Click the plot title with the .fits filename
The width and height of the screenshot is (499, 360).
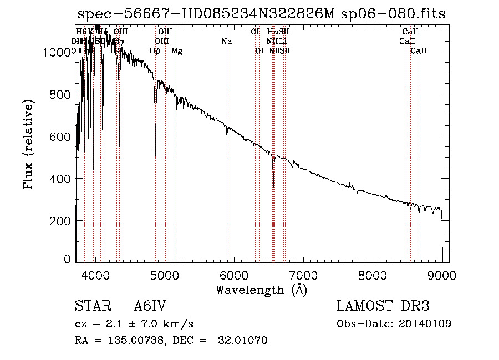(261, 14)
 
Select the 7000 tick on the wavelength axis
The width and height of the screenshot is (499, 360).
(303, 275)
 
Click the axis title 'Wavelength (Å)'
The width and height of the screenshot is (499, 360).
(261, 290)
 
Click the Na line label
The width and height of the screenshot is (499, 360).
(226, 41)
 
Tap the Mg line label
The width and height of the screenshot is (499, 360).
(177, 51)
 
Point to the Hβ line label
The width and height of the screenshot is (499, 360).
(155, 51)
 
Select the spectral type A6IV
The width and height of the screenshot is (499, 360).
(150, 306)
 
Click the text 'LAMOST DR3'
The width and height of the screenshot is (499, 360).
(383, 306)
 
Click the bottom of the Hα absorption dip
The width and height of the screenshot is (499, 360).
(273, 187)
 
